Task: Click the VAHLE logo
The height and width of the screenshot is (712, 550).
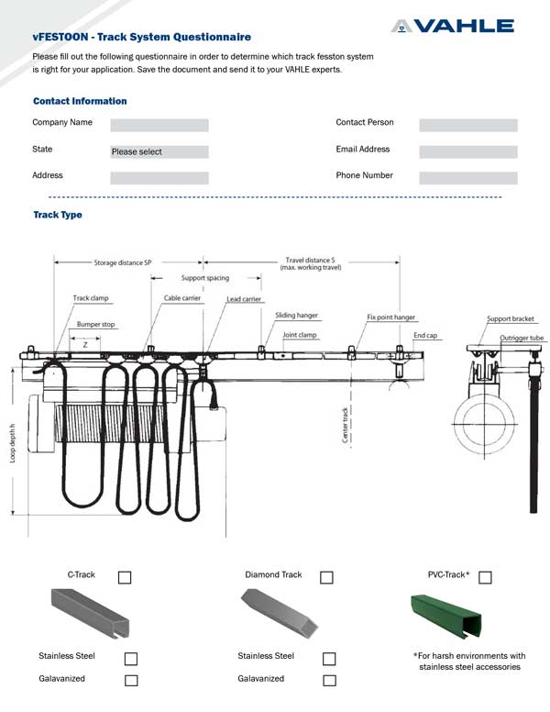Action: [452, 27]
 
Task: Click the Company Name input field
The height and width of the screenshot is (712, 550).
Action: [159, 125]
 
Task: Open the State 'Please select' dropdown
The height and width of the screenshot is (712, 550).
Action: [159, 151]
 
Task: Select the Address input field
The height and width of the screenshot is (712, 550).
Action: [159, 178]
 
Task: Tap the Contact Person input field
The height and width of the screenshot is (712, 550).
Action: [467, 125]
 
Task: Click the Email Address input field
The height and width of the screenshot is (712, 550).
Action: [467, 151]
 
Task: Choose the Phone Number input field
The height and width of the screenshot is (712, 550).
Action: [467, 178]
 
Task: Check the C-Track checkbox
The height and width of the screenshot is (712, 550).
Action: [125, 577]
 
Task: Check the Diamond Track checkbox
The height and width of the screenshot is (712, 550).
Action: [326, 577]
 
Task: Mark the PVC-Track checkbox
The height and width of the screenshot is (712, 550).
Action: [485, 577]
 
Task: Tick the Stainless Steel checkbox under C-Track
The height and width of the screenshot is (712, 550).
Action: [131, 659]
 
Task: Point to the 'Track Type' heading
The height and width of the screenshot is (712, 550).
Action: [58, 215]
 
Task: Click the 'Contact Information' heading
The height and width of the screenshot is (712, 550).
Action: [80, 101]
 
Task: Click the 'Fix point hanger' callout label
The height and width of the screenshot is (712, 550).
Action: [391, 317]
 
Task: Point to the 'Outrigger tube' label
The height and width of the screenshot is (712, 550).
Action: [522, 339]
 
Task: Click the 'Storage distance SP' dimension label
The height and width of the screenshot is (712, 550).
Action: [122, 262]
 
